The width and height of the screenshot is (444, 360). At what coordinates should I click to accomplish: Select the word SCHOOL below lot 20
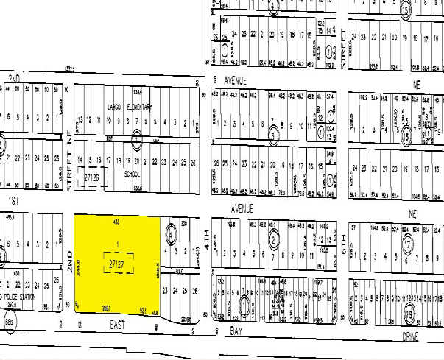[x=132, y=174]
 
